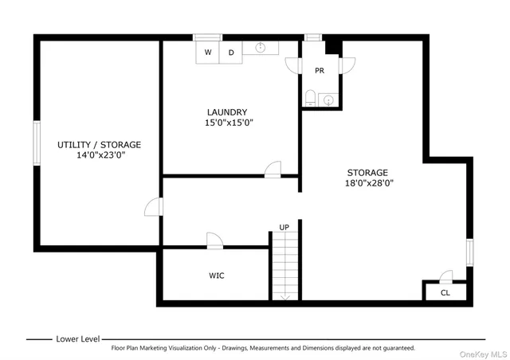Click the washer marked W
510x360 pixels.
pyautogui.click(x=208, y=53)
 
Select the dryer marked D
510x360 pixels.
pyautogui.click(x=231, y=53)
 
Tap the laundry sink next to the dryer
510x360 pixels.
pyautogui.click(x=261, y=49)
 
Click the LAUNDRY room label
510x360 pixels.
pyautogui.click(x=227, y=112)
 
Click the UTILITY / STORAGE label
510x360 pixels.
pyautogui.click(x=99, y=145)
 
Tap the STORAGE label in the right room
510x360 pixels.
pyautogui.click(x=367, y=172)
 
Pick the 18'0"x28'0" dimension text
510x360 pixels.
pyautogui.click(x=367, y=183)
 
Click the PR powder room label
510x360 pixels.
pyautogui.click(x=320, y=71)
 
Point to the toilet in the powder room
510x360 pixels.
pyautogui.click(x=311, y=99)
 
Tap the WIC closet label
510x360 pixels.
pyautogui.click(x=217, y=276)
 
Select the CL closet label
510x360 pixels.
pyautogui.click(x=445, y=293)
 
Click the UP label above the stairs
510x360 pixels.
pyautogui.click(x=284, y=228)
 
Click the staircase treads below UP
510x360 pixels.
pyautogui.click(x=284, y=267)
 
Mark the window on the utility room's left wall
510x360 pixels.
pyautogui.click(x=36, y=143)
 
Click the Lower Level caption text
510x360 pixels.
pyautogui.click(x=78, y=338)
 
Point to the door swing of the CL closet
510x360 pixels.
pyautogui.click(x=446, y=276)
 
